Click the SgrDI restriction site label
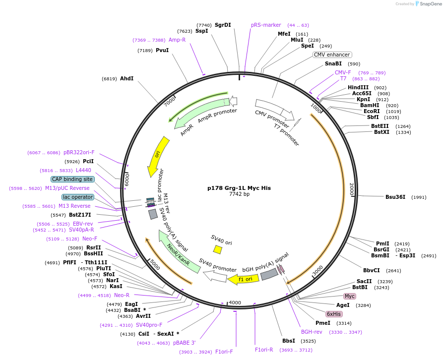pyautogui.click(x=223, y=25)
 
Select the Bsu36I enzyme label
pyautogui.click(x=395, y=197)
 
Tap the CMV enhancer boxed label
pyautogui.click(x=332, y=55)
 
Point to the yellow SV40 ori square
pyautogui.click(x=217, y=249)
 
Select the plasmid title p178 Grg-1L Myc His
pyautogui.click(x=239, y=188)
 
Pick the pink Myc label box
pyautogui.click(x=350, y=296)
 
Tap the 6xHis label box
pyautogui.click(x=333, y=314)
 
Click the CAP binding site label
pyautogui.click(x=72, y=179)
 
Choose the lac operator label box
pyautogui.click(x=78, y=197)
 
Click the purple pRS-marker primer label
pyautogui.click(x=266, y=25)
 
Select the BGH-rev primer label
pyautogui.click(x=312, y=332)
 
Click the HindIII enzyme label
pyautogui.click(x=358, y=87)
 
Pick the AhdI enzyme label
pyautogui.click(x=127, y=78)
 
